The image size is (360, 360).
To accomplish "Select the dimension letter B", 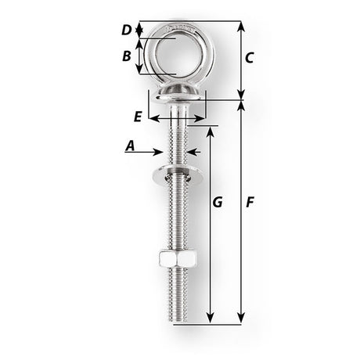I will click(127, 56).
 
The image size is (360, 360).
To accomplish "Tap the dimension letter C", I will click(249, 57).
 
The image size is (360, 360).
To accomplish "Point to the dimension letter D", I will click(127, 31).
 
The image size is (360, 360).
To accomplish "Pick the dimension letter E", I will click(138, 117).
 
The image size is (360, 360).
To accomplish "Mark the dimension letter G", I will click(218, 203).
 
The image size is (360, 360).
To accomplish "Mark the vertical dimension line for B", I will click(141, 56).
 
